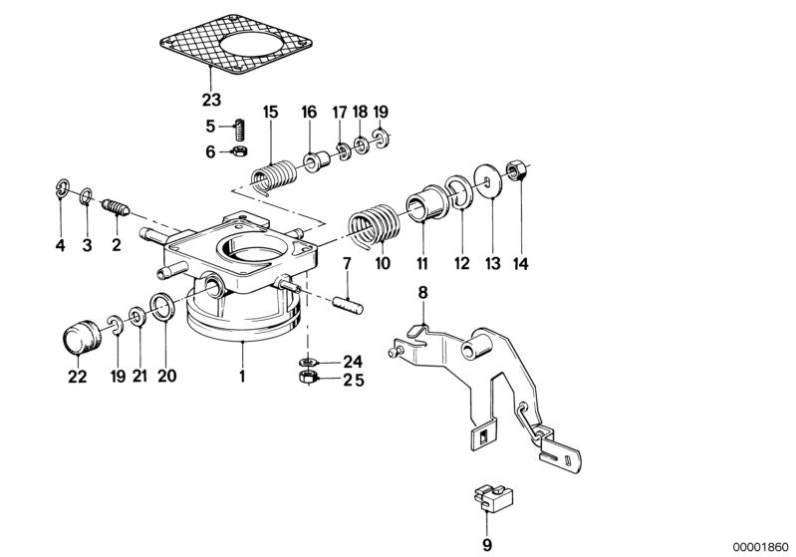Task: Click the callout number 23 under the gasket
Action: pyautogui.click(x=211, y=100)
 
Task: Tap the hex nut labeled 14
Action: pyautogui.click(x=516, y=170)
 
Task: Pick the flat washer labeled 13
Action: pyautogui.click(x=488, y=180)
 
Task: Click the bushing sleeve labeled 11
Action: pyautogui.click(x=425, y=204)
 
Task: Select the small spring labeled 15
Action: pyautogui.click(x=274, y=177)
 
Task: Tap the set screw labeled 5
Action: pyautogui.click(x=240, y=130)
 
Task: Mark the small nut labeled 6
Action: pyautogui.click(x=239, y=151)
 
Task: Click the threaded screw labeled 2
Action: pyautogui.click(x=117, y=207)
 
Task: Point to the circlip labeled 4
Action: pyautogui.click(x=61, y=189)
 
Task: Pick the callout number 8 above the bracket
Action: pyautogui.click(x=422, y=293)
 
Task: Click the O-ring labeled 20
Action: pyautogui.click(x=163, y=307)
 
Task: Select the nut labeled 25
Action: pyautogui.click(x=308, y=378)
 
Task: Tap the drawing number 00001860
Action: pyautogui.click(x=761, y=547)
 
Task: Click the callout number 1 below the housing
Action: pyautogui.click(x=242, y=377)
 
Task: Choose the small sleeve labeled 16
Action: pyautogui.click(x=317, y=158)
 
